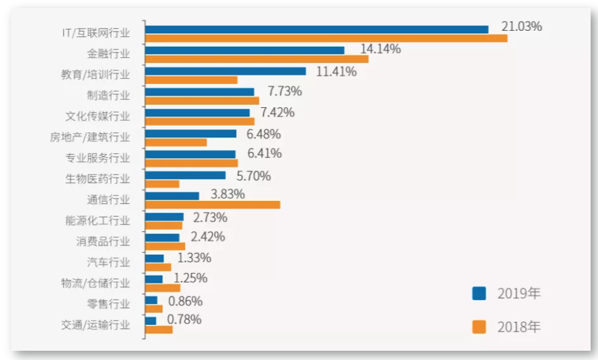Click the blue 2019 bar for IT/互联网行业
coord(316,29)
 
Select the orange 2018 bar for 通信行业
coord(213,205)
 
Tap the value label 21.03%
coord(522,27)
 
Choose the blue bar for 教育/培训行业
coord(226,71)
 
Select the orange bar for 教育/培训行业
coord(191,80)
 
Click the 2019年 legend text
coord(518,293)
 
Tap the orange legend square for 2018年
coord(479,326)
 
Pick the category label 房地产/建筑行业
coord(90,137)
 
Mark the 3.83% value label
coord(227,194)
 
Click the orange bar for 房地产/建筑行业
coord(176,142)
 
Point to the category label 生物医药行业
coord(98,179)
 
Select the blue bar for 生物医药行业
coord(186,175)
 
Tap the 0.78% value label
coord(184,319)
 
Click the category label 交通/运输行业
coord(96,325)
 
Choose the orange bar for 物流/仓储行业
coord(163,288)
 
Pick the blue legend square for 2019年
coord(479,293)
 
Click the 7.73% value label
coord(284,92)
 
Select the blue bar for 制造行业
coord(200,92)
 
